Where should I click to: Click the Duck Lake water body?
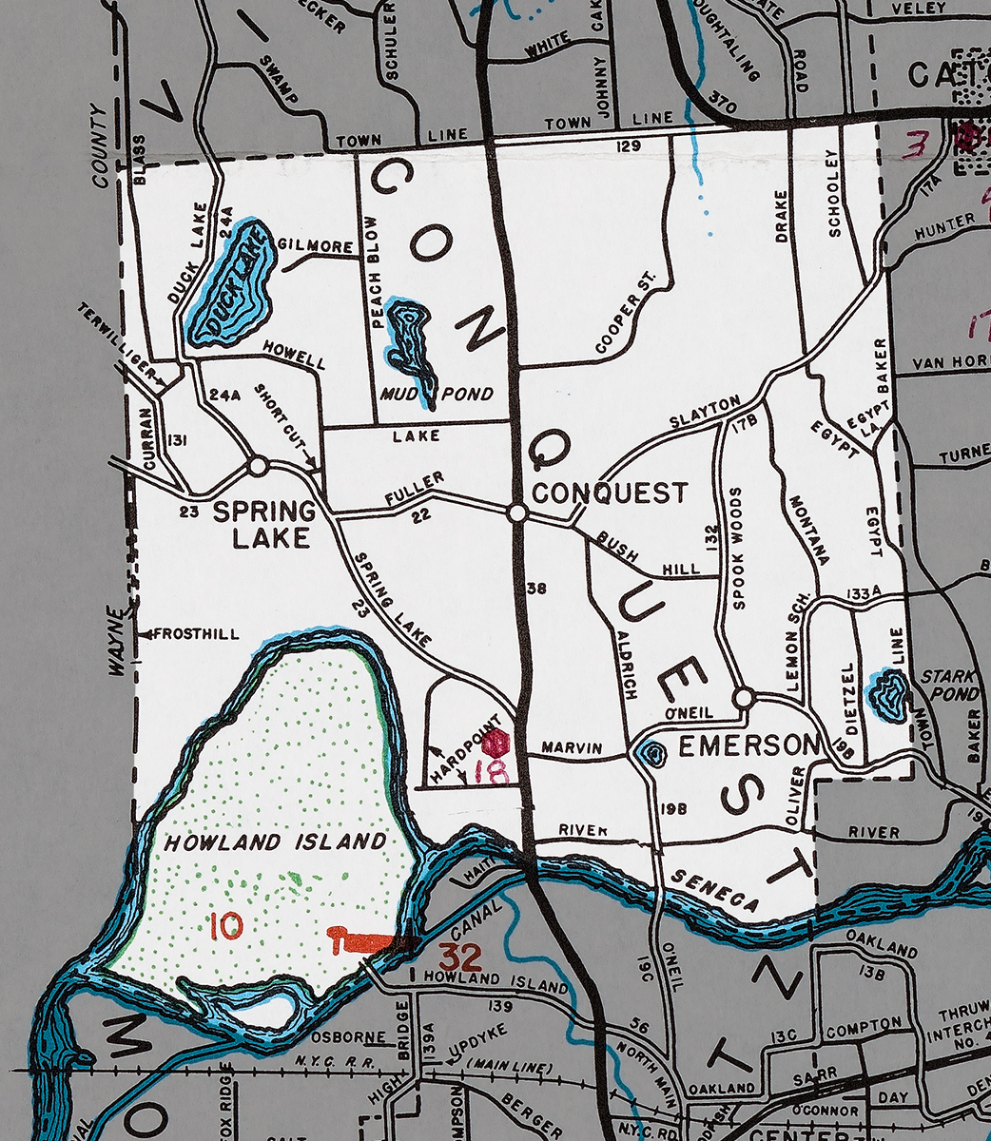[x=228, y=285]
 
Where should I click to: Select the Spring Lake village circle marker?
[x=257, y=467]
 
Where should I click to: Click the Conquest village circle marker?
[x=516, y=512]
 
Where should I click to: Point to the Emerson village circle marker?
[x=744, y=698]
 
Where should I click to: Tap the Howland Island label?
[x=276, y=841]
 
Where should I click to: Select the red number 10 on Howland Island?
[x=227, y=926]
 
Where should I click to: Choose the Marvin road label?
[x=572, y=748]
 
